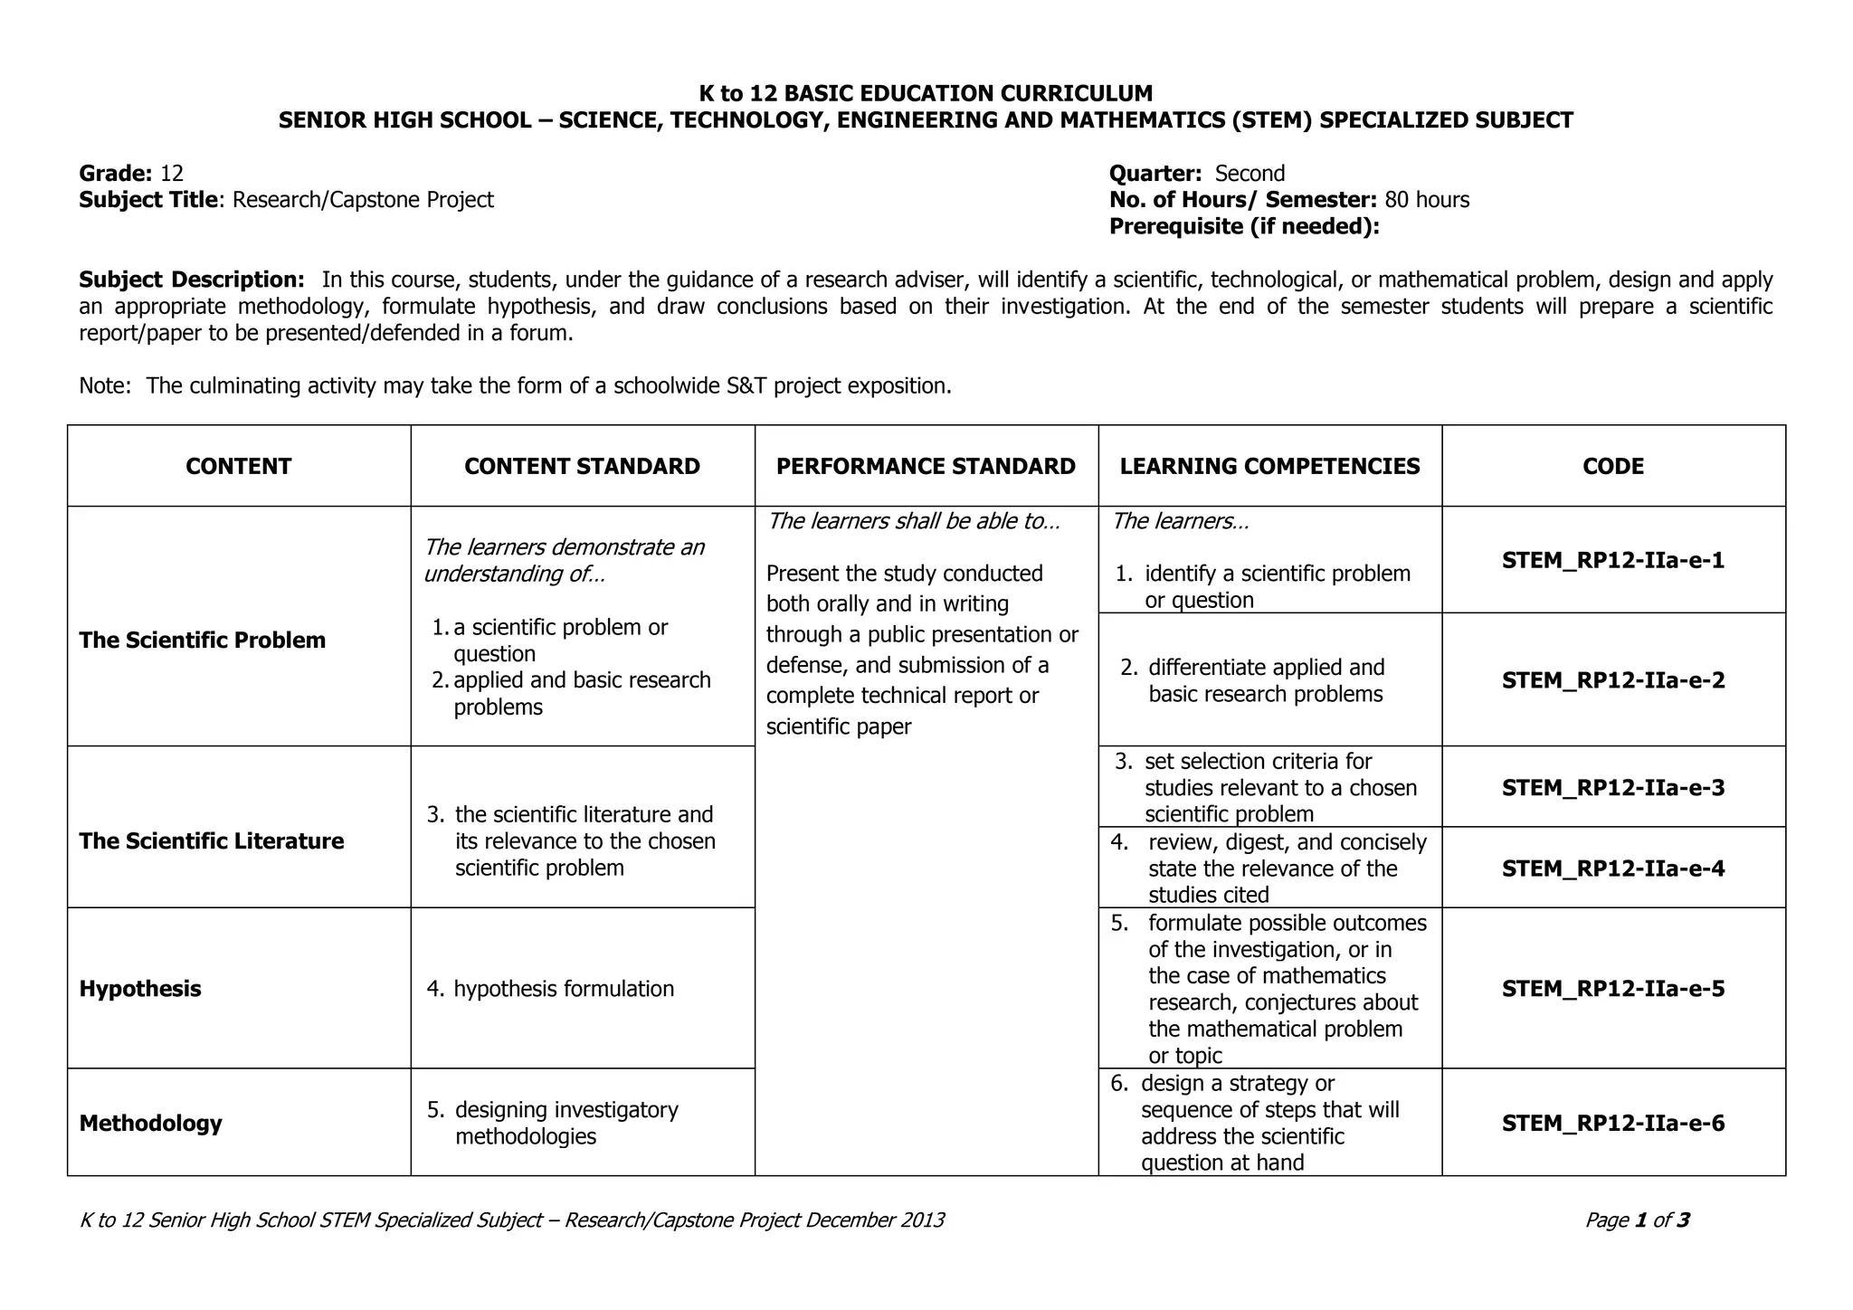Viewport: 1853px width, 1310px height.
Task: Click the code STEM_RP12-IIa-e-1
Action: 1612,561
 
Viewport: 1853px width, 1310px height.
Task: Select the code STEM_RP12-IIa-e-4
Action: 1612,869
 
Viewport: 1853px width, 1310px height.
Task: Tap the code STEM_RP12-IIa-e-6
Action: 1612,1124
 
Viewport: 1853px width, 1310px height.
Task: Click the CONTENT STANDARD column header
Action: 582,467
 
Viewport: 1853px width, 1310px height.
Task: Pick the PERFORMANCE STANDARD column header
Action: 926,467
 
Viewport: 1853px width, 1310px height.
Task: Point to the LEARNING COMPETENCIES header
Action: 1269,467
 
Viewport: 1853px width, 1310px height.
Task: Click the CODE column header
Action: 1612,467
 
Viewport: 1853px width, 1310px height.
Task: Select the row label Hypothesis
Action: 140,989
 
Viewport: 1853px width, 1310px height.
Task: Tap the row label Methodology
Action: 150,1124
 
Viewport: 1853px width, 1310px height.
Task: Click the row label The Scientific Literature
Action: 212,841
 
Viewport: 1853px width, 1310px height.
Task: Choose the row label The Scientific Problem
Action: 202,641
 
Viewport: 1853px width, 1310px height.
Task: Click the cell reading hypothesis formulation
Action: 563,989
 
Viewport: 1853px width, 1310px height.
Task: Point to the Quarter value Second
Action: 1250,174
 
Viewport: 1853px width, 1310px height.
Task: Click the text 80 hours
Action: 1427,200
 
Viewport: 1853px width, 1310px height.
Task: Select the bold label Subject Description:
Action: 192,280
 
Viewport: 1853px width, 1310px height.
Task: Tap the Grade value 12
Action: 172,174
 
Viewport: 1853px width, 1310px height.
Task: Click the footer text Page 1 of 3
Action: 1637,1220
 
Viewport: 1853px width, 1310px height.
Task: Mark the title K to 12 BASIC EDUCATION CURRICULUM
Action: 926,93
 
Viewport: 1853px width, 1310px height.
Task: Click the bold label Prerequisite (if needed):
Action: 1244,226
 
